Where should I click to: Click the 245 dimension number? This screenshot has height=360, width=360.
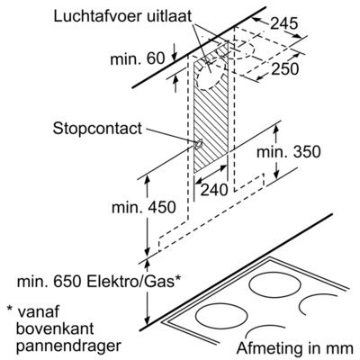coord(284,23)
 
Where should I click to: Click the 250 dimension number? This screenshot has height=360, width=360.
coord(285,69)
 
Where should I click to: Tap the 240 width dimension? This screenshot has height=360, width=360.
coord(214,190)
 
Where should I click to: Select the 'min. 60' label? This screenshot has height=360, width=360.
coord(138,58)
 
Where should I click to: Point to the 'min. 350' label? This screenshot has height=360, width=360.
coord(289,152)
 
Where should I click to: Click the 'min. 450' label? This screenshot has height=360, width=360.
coord(143,207)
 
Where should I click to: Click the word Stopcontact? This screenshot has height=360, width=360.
coord(97,129)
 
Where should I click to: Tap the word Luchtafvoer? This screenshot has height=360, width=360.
coord(98,16)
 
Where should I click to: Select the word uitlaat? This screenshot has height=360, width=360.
coord(169,16)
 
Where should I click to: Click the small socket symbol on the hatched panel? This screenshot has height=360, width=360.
coord(198,145)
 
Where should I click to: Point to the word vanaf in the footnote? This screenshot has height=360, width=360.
coord(39,311)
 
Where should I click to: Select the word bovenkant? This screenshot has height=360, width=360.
coord(55,328)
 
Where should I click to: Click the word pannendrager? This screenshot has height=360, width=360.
coord(68,346)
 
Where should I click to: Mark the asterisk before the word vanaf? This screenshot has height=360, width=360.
coord(10,309)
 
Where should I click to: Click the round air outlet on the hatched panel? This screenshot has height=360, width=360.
coord(210,74)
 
